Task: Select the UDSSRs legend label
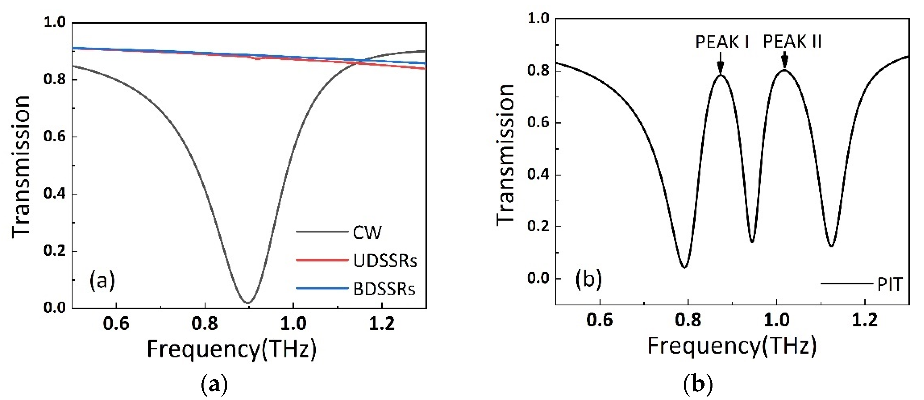(385, 261)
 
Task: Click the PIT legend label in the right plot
(889, 285)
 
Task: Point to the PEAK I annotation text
(722, 42)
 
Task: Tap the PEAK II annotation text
(792, 42)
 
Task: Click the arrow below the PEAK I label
(720, 63)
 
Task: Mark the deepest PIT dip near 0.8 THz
(684, 267)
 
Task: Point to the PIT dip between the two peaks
(752, 242)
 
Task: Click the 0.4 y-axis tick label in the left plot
(55, 194)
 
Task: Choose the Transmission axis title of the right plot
(506, 155)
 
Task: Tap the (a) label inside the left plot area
(102, 281)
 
